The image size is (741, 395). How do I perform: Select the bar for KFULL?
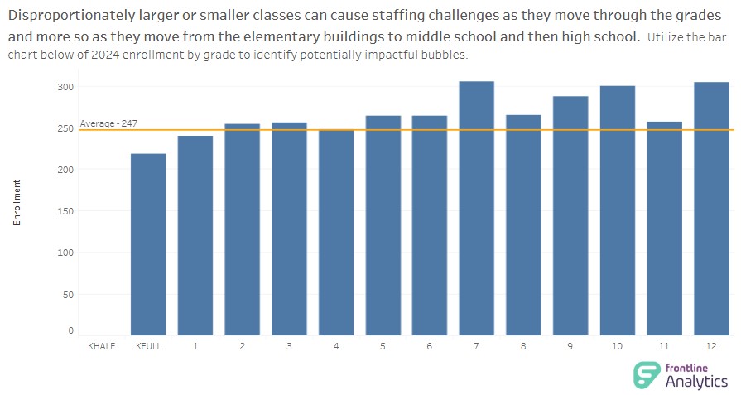point(148,245)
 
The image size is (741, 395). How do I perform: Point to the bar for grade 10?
point(618,211)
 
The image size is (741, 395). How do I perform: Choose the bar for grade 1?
point(195,236)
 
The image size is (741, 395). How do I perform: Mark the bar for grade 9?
point(570,216)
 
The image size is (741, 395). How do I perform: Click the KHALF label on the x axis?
point(101,346)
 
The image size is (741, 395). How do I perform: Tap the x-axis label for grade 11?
point(664,346)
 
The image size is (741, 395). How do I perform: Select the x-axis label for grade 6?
point(430,346)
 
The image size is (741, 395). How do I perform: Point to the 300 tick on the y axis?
point(65,87)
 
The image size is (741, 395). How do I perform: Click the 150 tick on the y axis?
point(65,211)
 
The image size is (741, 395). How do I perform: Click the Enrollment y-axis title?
point(17,202)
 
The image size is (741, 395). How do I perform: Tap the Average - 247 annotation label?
point(108,123)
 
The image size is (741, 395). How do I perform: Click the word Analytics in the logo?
point(697,382)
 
